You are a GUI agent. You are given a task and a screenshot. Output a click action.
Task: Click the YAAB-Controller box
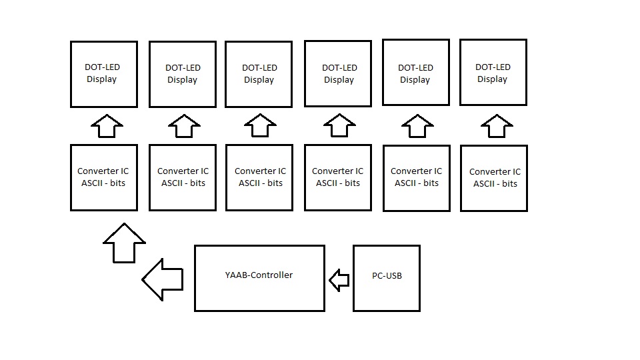tap(259, 293)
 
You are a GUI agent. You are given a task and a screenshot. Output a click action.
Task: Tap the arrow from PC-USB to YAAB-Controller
tap(339, 280)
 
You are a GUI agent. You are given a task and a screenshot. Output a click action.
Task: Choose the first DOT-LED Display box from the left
tap(104, 74)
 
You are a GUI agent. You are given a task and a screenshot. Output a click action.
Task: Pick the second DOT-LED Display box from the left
tap(182, 74)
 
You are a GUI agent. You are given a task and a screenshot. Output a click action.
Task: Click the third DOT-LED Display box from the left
tap(259, 74)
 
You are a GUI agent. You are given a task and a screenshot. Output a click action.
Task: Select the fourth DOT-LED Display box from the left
tap(339, 73)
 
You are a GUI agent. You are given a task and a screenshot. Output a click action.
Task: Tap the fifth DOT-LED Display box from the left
tap(415, 73)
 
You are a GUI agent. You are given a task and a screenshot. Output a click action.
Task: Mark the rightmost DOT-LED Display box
tap(493, 73)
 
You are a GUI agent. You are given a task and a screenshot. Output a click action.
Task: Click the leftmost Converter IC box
tap(104, 177)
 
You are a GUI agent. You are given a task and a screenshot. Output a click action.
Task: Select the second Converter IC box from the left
tap(183, 177)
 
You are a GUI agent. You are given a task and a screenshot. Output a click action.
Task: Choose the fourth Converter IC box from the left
tap(338, 177)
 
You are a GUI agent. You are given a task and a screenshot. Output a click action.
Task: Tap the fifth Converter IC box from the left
tap(417, 178)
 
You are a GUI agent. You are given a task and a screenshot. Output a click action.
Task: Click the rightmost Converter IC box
tap(494, 178)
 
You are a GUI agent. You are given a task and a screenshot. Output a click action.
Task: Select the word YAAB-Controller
tap(259, 275)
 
